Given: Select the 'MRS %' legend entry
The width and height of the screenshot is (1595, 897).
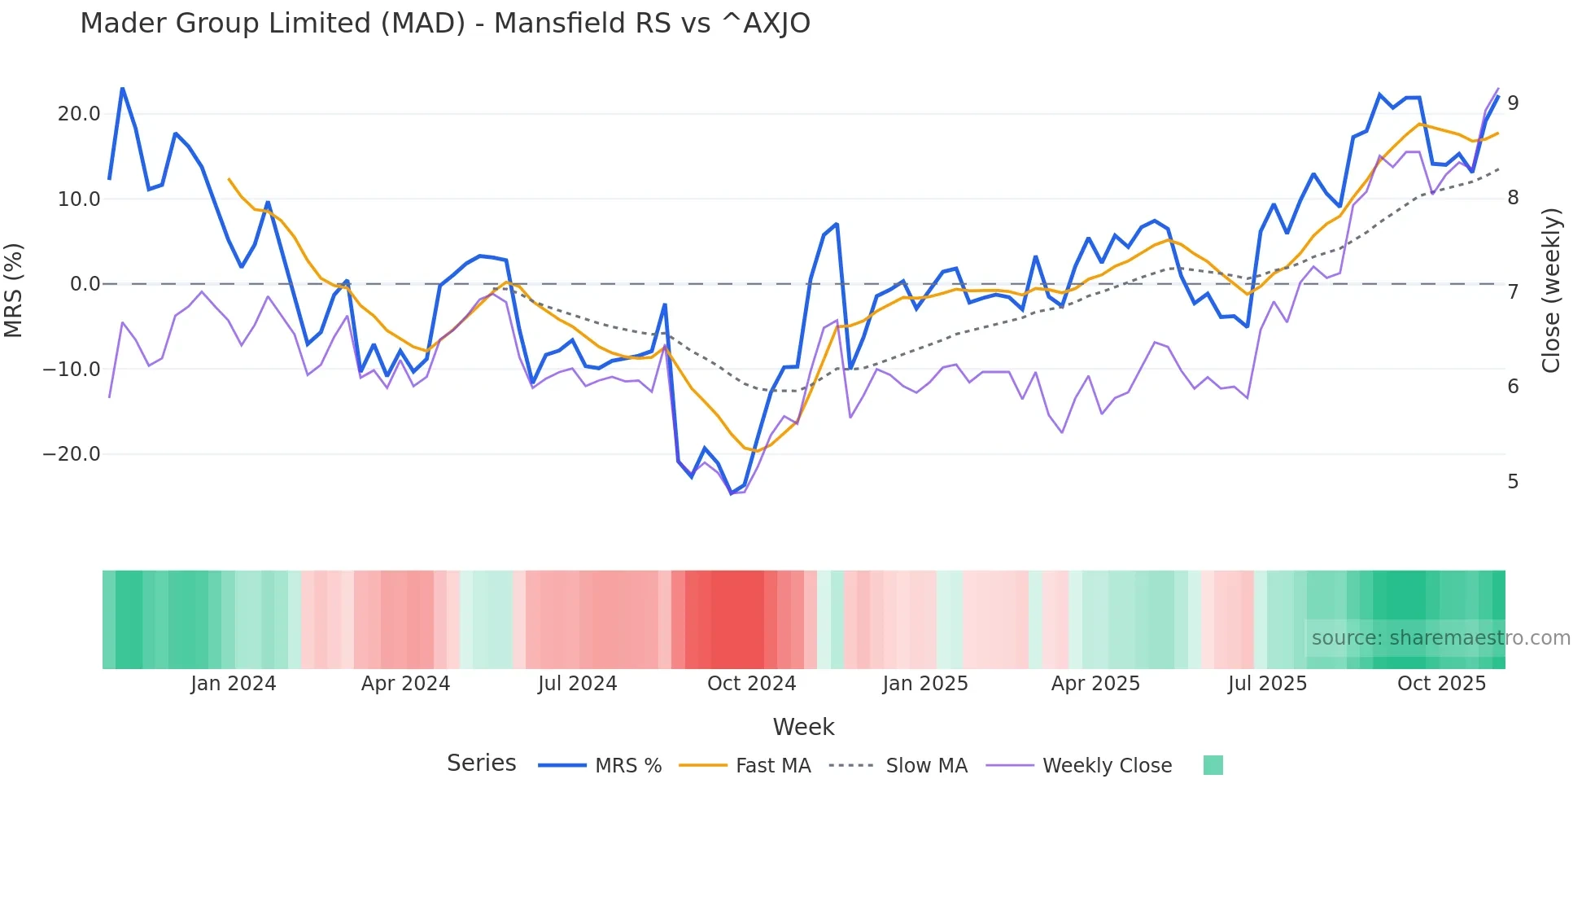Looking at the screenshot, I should point(627,766).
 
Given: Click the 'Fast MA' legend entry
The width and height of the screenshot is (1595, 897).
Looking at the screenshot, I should point(772,766).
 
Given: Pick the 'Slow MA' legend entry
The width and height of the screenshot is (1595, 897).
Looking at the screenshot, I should point(926,766).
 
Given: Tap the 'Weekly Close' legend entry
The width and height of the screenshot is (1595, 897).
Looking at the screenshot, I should point(1107,766).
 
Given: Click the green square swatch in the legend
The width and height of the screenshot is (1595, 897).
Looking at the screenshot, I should point(1213,765).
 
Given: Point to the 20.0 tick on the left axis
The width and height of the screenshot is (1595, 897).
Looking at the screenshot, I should point(79,114).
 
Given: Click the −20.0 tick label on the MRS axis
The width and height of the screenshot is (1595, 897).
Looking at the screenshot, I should point(72,454).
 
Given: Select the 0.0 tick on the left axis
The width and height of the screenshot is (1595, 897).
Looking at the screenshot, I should point(85,284).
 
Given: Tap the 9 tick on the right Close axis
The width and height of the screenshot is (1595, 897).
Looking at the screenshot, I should point(1513,103).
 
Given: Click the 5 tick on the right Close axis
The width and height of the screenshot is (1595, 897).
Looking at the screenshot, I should point(1513,482).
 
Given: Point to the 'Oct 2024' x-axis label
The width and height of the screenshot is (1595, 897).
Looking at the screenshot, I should point(751,684).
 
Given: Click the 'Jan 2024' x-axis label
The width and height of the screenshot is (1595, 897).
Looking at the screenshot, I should point(234,684).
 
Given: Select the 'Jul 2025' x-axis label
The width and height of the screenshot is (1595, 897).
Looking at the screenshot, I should point(1267,684).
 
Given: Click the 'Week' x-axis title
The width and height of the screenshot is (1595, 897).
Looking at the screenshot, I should point(803,727).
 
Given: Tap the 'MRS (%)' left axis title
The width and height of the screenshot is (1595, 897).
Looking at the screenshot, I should point(14,290).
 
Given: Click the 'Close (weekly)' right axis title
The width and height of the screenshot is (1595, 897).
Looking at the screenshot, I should point(1551,290).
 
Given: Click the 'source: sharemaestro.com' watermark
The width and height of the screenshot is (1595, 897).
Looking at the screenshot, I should point(1440,638).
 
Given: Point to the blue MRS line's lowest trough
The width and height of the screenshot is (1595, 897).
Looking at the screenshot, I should point(731,493).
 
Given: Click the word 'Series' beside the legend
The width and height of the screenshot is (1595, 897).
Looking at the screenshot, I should point(481,764).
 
